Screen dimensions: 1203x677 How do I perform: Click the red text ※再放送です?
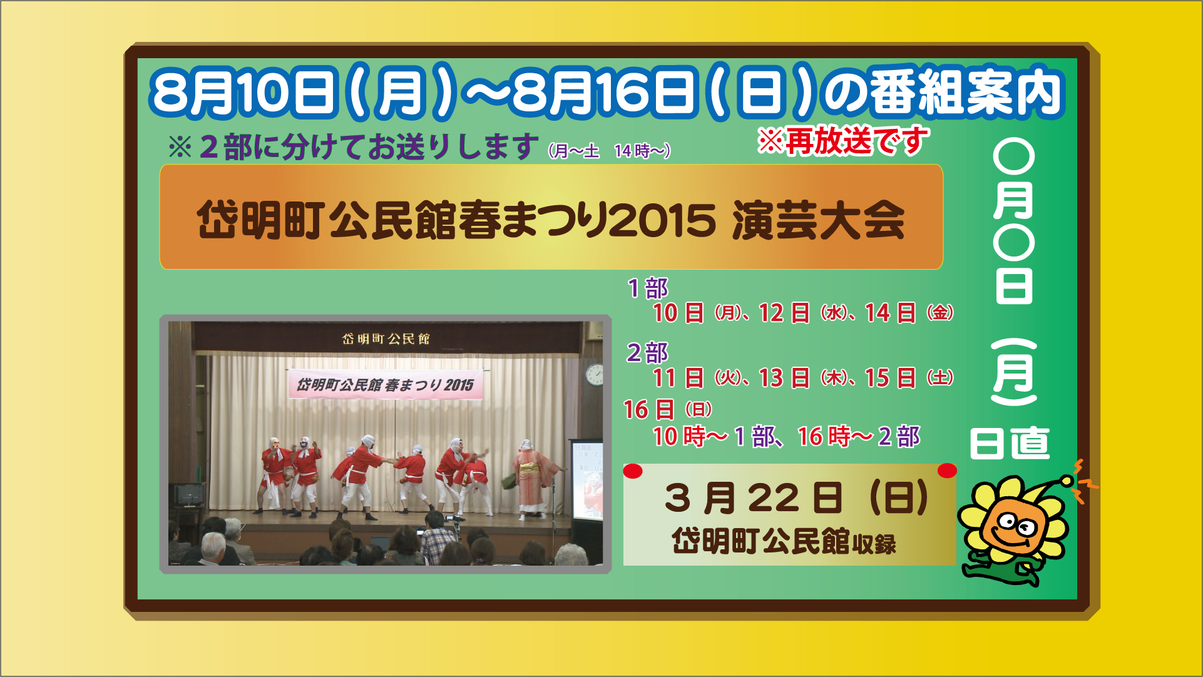click(x=843, y=140)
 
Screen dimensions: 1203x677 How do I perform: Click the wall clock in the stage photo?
click(x=594, y=374)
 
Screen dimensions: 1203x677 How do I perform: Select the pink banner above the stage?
click(x=385, y=384)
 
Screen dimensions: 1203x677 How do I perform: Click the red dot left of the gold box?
click(x=633, y=471)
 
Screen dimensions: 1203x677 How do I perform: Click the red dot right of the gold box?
click(x=947, y=471)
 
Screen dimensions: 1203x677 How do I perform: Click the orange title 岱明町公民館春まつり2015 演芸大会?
click(x=551, y=220)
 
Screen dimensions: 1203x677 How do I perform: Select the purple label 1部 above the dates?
click(x=648, y=288)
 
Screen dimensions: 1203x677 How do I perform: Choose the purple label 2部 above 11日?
click(x=648, y=353)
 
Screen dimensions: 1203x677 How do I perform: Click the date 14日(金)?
click(x=909, y=313)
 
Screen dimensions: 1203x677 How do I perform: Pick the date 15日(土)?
click(x=909, y=378)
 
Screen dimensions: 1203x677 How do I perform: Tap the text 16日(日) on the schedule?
click(x=668, y=410)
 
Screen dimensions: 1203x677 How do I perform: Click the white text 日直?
click(x=1010, y=443)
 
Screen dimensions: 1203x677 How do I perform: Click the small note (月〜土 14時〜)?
click(x=610, y=151)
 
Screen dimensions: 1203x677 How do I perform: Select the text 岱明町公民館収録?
click(x=784, y=541)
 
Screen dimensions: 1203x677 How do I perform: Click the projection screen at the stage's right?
click(x=585, y=479)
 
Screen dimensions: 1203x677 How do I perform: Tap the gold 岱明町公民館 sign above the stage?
click(x=386, y=338)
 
